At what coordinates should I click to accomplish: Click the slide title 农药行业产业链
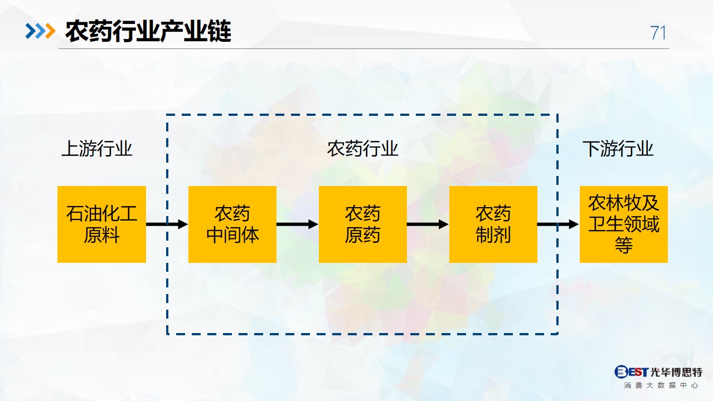pyautogui.click(x=148, y=31)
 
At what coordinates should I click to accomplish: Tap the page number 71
pyautogui.click(x=658, y=32)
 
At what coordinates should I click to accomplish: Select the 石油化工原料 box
pyautogui.click(x=101, y=224)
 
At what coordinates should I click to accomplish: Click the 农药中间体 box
pyautogui.click(x=232, y=224)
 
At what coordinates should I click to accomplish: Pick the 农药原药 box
pyautogui.click(x=363, y=224)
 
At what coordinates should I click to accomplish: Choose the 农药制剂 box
pyautogui.click(x=493, y=224)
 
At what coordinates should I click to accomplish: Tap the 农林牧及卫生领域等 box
pyautogui.click(x=624, y=224)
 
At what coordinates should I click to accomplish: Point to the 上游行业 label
pyautogui.click(x=97, y=149)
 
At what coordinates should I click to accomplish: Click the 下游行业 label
pyautogui.click(x=618, y=149)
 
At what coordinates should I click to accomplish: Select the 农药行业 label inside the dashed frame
pyautogui.click(x=362, y=149)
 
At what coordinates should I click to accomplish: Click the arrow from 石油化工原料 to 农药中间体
pyautogui.click(x=167, y=224)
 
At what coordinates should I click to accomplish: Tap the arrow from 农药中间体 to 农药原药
pyautogui.click(x=298, y=224)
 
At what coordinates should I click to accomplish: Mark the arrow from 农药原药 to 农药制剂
pyautogui.click(x=428, y=224)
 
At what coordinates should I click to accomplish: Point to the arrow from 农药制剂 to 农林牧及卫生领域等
pyautogui.click(x=559, y=224)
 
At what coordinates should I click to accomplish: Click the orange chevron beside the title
pyautogui.click(x=50, y=31)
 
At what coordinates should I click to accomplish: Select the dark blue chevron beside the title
pyautogui.click(x=31, y=31)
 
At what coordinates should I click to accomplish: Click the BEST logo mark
pyautogui.click(x=631, y=371)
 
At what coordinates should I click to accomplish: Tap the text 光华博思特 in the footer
pyautogui.click(x=676, y=371)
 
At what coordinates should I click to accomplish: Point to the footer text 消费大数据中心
pyautogui.click(x=661, y=385)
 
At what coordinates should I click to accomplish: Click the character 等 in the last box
pyautogui.click(x=624, y=245)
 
